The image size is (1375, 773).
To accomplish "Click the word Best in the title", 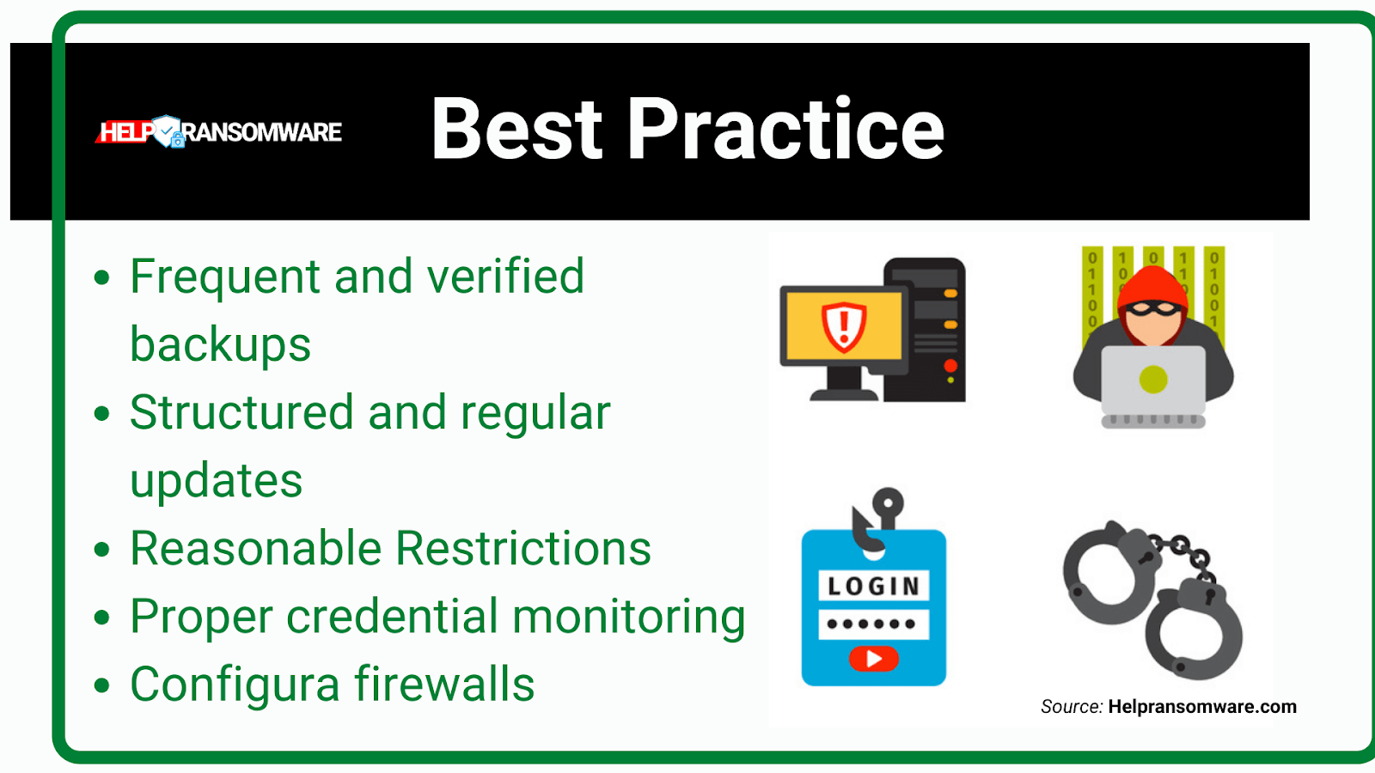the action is click(516, 129).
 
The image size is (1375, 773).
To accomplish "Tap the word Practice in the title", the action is click(785, 129).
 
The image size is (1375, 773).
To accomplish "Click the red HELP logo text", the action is click(125, 132).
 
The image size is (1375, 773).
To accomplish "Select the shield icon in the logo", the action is click(168, 131).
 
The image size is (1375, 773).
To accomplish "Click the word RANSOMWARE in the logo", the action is click(262, 132).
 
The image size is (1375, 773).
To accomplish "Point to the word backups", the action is click(220, 344).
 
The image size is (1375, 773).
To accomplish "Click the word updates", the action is click(216, 481).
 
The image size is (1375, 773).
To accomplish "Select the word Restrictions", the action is click(523, 548).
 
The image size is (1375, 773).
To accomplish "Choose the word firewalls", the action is click(444, 684).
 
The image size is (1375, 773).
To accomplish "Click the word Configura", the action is click(235, 685).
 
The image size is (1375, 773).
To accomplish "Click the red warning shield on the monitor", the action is click(844, 327).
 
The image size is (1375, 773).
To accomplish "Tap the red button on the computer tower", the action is click(950, 366).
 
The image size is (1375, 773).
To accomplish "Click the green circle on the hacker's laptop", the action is click(1152, 379).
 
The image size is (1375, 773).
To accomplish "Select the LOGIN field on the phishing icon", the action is click(873, 586).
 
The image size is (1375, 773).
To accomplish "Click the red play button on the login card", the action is click(873, 659).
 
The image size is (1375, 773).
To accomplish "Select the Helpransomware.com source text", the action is click(1202, 707).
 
